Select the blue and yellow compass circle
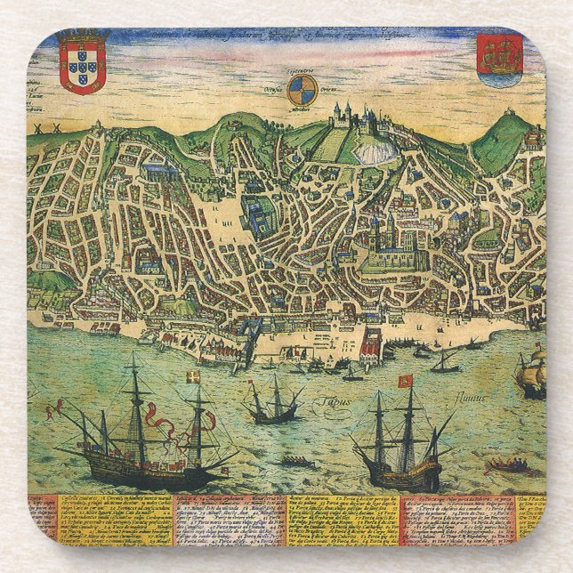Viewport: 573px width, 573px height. coord(302,89)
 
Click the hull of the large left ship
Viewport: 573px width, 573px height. coord(133,470)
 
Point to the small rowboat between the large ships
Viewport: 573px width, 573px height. coord(298,461)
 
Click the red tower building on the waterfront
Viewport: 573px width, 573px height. coord(370,343)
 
